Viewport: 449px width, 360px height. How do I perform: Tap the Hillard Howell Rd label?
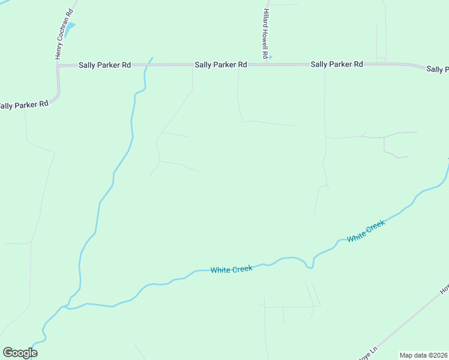[265, 34]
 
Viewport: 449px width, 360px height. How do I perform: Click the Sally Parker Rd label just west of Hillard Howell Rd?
[221, 64]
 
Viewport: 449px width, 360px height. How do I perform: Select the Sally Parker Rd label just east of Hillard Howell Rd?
[337, 64]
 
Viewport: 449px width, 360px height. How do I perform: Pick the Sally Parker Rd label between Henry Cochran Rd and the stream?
[105, 65]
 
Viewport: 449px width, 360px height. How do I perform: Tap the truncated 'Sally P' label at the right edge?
[438, 69]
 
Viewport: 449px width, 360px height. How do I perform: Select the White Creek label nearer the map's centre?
[231, 269]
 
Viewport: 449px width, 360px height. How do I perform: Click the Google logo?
[20, 353]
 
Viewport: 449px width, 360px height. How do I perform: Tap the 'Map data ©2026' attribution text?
[423, 355]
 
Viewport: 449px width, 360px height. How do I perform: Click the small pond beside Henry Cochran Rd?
[71, 28]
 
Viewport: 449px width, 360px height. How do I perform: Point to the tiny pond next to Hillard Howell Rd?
[270, 58]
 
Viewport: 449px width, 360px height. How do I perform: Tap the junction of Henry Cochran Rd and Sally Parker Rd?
[59, 65]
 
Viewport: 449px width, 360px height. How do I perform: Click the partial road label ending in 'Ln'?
[368, 353]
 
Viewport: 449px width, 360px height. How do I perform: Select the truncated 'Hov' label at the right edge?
[444, 289]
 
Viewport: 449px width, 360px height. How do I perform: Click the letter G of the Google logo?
[8, 353]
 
